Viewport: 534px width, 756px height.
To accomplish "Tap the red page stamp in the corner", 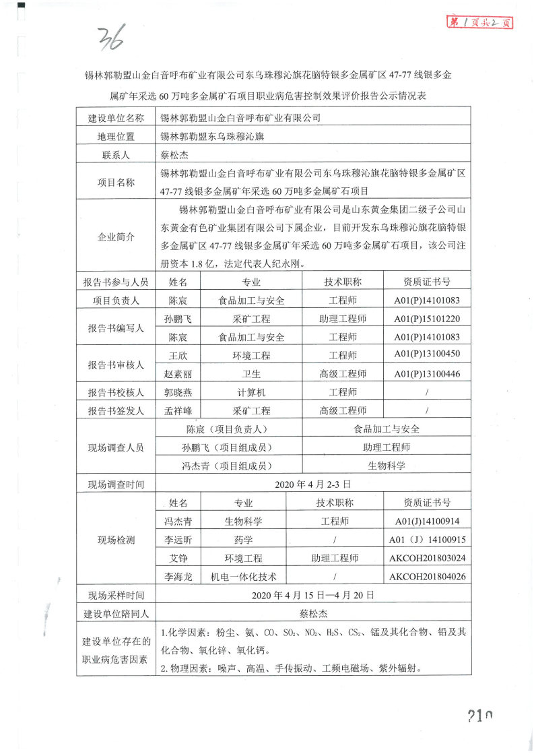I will click(481, 23).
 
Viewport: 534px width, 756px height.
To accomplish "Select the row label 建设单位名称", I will click(116, 118).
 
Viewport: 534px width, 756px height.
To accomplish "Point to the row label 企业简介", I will click(116, 238).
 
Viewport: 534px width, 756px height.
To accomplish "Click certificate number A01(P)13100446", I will click(427, 373).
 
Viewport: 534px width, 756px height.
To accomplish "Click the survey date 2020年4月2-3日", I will click(313, 484).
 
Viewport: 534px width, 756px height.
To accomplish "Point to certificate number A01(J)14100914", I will click(427, 521).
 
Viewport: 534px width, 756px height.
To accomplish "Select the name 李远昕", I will click(178, 540).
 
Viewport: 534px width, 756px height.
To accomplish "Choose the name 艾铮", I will click(178, 558).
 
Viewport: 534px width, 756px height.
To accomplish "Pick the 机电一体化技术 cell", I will click(243, 576).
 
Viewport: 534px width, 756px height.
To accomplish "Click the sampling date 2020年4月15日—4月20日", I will click(312, 595).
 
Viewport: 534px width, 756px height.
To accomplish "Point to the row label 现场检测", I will click(116, 540).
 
